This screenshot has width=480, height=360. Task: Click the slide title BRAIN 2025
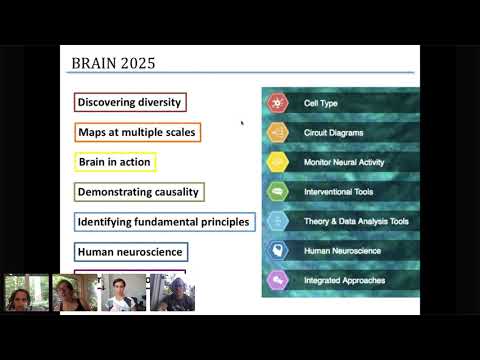pyautogui.click(x=112, y=64)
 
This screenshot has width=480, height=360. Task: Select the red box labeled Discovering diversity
pyautogui.click(x=130, y=102)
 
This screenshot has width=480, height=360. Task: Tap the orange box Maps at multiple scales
pyautogui.click(x=137, y=132)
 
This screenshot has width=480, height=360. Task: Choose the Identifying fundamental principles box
pyautogui.click(x=164, y=221)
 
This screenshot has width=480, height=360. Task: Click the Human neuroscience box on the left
pyautogui.click(x=130, y=251)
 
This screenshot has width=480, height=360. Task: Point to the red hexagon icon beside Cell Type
pyautogui.click(x=277, y=102)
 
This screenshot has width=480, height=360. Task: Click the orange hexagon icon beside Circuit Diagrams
pyautogui.click(x=277, y=132)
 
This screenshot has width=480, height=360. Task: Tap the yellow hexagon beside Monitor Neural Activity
pyautogui.click(x=277, y=162)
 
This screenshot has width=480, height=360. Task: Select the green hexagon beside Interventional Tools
pyautogui.click(x=277, y=192)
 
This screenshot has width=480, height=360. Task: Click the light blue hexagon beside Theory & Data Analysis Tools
pyautogui.click(x=277, y=222)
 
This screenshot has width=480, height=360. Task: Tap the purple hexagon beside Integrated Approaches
pyautogui.click(x=277, y=281)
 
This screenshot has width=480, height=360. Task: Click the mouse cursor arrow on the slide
pyautogui.click(x=242, y=124)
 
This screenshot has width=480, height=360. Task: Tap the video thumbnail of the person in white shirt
pyautogui.click(x=123, y=292)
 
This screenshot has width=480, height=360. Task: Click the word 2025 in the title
pyautogui.click(x=137, y=64)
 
